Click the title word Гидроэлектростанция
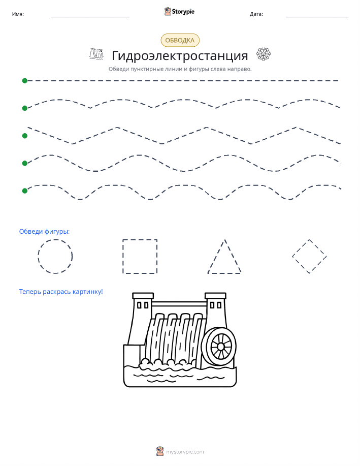tap(180, 55)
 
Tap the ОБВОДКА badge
tap(180, 41)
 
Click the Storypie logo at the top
tap(179, 12)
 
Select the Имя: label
tap(18, 14)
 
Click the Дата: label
tap(256, 14)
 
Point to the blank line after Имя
tap(90, 17)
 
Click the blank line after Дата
tap(317, 17)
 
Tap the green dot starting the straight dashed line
tap(25, 80)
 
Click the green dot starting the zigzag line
tap(25, 136)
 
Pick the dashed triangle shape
tap(216, 256)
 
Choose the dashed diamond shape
tap(301, 247)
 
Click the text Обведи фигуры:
tap(44, 231)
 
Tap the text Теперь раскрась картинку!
tap(61, 292)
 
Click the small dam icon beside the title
tap(96, 53)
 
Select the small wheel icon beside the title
tap(264, 54)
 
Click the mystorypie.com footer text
tap(185, 452)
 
